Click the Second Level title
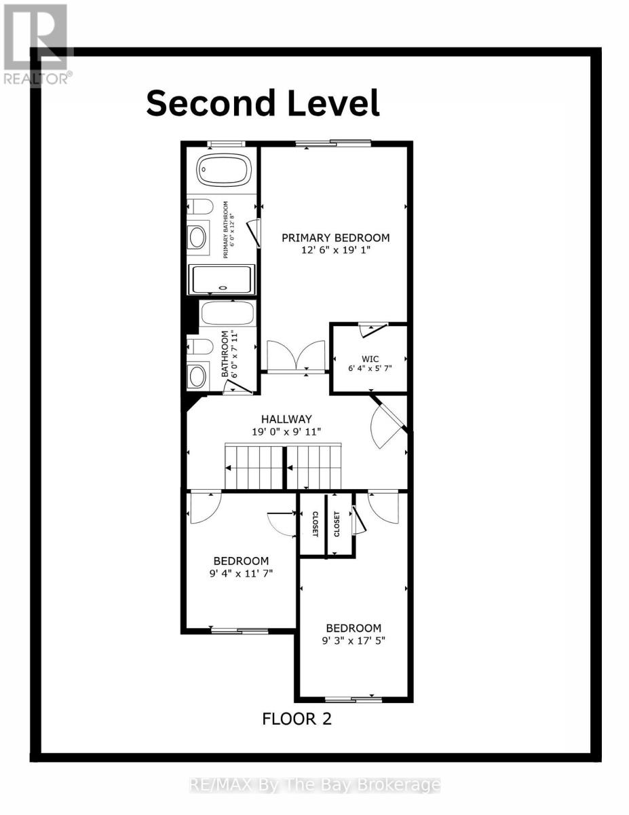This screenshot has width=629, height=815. tap(263, 103)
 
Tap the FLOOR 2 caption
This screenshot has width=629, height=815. tap(297, 719)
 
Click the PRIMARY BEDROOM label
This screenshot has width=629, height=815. tap(336, 238)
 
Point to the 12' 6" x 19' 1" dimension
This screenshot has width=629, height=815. tap(336, 251)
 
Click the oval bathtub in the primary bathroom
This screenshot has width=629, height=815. tap(223, 170)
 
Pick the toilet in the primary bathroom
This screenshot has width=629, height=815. tap(200, 206)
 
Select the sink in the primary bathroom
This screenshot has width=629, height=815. tap(197, 237)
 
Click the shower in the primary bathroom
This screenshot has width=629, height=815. tap(223, 279)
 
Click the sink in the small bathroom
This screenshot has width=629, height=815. tap(197, 376)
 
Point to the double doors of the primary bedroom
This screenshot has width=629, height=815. tap(296, 355)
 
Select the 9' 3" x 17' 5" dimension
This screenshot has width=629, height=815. tap(354, 640)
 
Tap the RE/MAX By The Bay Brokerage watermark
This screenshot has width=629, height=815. tap(314, 786)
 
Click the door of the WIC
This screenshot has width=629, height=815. tap(372, 330)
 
